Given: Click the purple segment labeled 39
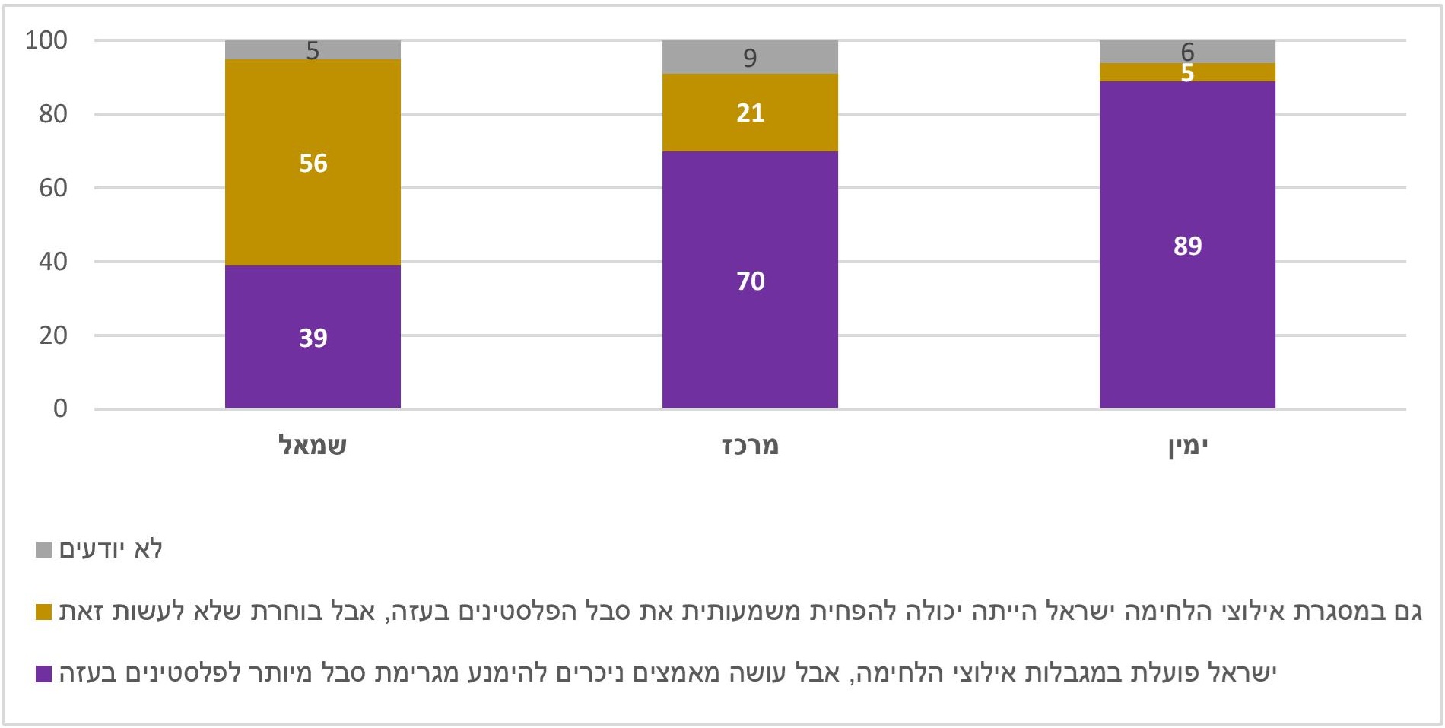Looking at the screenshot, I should (x=313, y=337).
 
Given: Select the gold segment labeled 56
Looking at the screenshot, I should (x=313, y=163).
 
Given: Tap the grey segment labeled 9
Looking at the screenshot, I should (x=750, y=57).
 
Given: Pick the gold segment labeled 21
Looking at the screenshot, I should (x=750, y=113).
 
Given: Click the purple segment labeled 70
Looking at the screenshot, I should (x=750, y=281).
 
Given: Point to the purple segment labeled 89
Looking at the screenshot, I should (x=1187, y=246).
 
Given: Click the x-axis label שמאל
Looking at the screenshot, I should (x=313, y=445).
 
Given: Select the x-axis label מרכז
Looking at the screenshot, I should (x=750, y=445).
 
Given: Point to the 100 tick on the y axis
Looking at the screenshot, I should (x=46, y=40).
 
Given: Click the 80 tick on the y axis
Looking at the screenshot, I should (x=53, y=114).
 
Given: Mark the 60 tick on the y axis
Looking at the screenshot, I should (x=53, y=188).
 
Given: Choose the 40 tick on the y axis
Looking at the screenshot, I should (x=53, y=262).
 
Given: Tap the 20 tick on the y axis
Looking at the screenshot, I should (x=53, y=335).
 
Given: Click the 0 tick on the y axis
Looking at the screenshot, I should (x=60, y=409).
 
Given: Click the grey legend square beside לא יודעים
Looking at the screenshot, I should (x=43, y=549).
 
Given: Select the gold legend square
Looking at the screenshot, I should (x=43, y=612).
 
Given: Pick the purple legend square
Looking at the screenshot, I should (x=43, y=673).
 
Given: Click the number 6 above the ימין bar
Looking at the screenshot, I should (x=1187, y=51).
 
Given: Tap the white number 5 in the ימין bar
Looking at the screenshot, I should (x=1187, y=73).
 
